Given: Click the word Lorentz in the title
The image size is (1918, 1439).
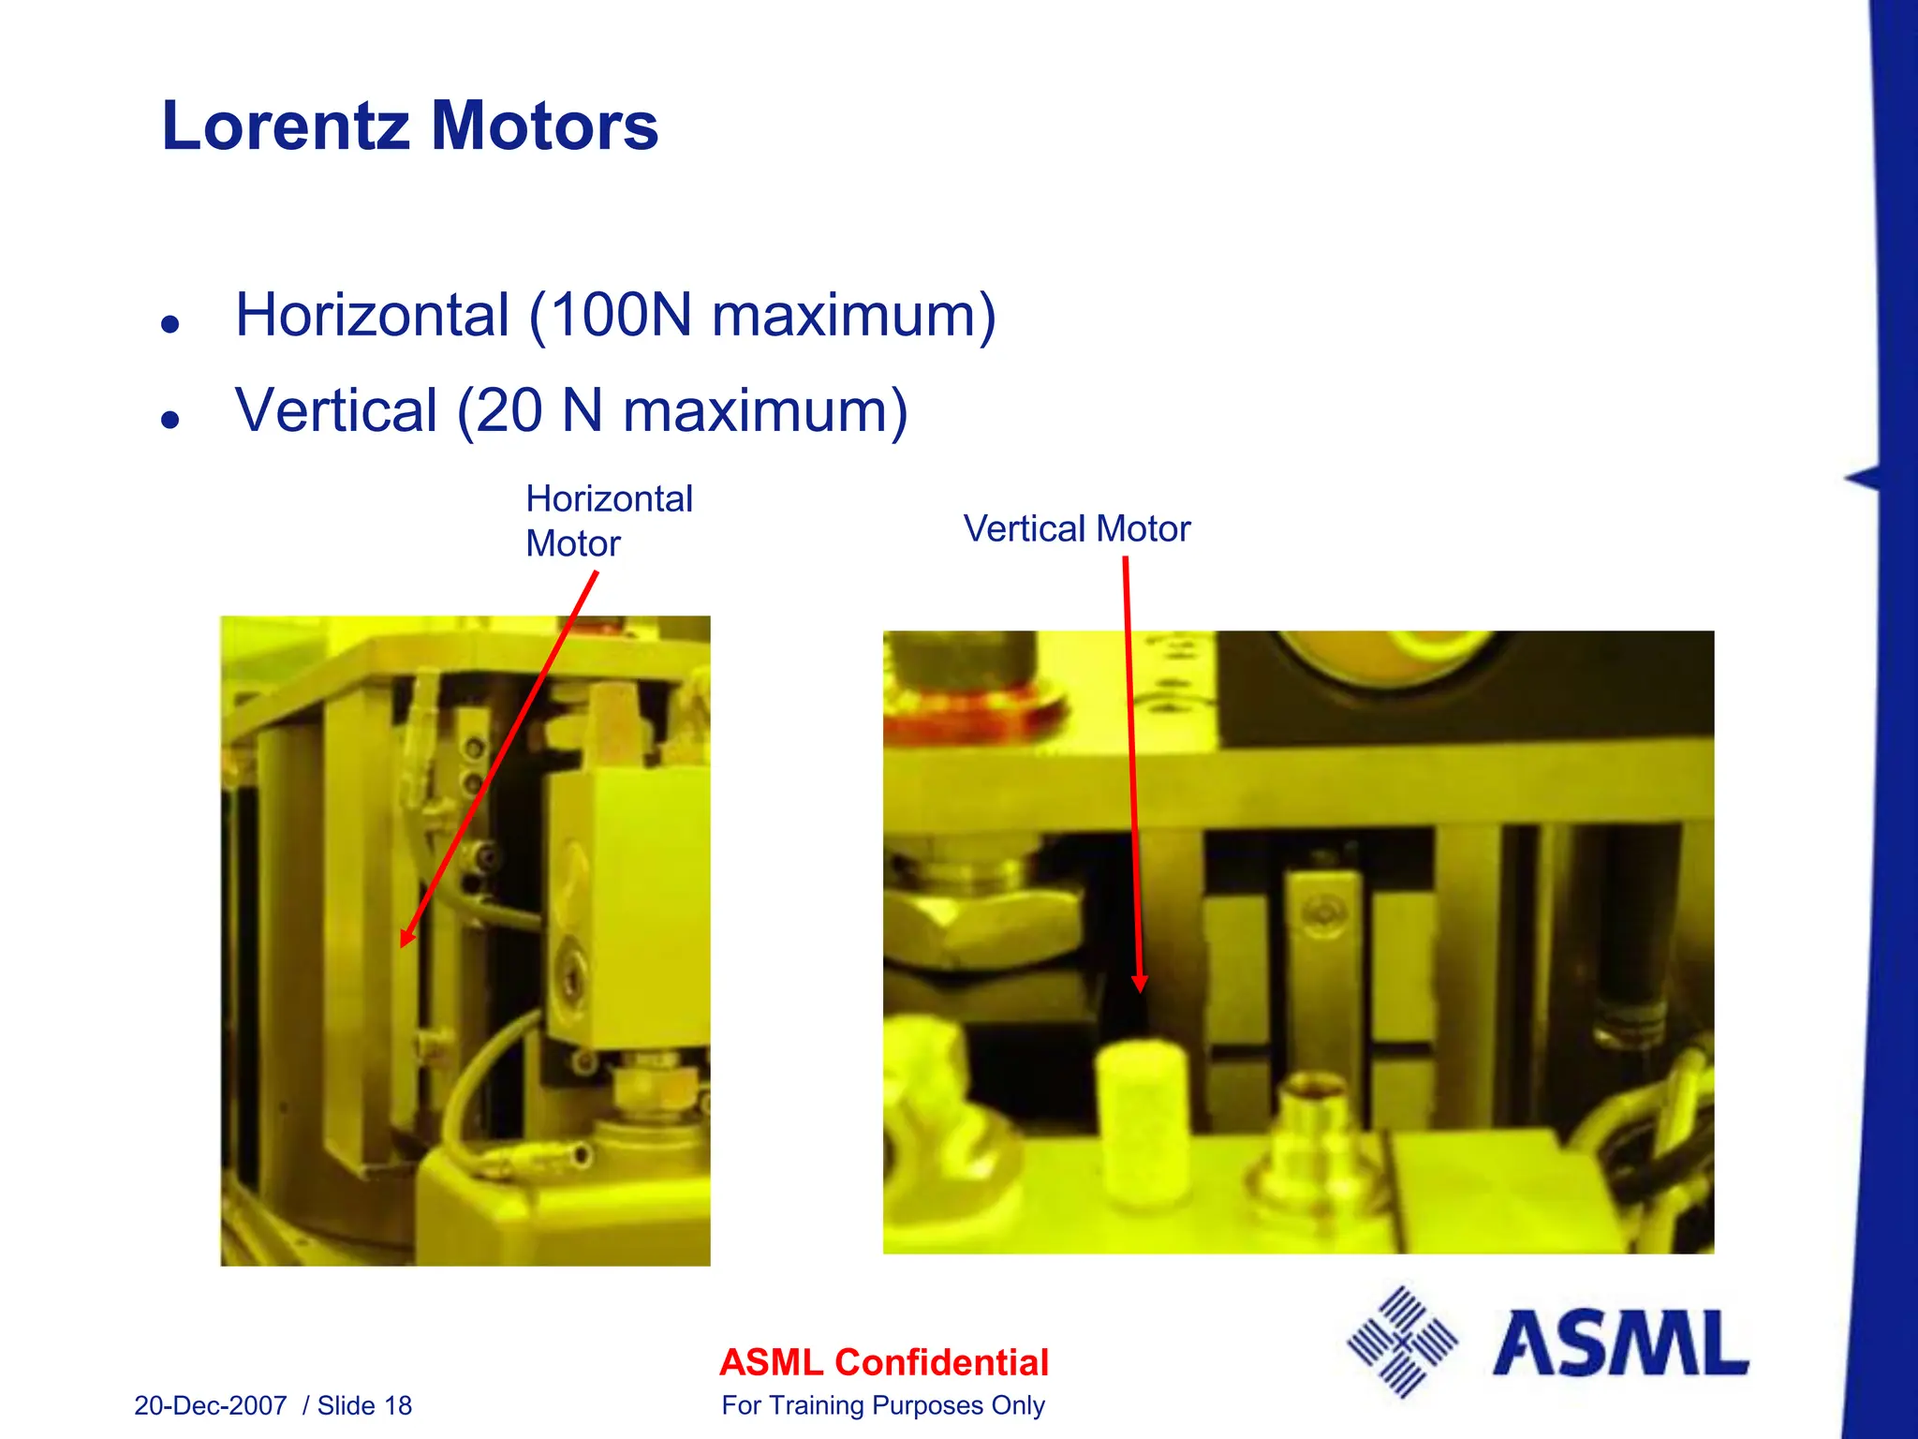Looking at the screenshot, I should tap(286, 126).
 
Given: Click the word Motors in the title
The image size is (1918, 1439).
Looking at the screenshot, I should tap(544, 126).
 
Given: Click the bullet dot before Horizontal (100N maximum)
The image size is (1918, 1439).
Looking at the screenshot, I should tap(170, 324).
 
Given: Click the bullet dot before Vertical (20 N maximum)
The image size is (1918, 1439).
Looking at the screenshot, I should tap(170, 419).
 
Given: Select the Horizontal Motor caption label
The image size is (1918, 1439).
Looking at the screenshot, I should tap(609, 521).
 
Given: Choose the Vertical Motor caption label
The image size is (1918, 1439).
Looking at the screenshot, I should tap(1077, 529).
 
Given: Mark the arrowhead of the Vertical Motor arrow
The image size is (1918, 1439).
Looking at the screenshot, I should tap(1140, 984).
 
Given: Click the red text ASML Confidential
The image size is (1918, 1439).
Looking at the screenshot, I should tap(884, 1362).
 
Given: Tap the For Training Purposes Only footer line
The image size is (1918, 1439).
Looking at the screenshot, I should tap(883, 1405).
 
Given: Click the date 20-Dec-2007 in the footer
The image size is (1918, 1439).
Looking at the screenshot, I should tap(211, 1405).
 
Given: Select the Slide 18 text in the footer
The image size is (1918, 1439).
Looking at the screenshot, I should tap(364, 1405).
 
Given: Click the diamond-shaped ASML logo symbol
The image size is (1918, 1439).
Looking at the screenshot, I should tap(1402, 1343).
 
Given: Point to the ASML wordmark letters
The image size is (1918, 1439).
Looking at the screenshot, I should tap(1620, 1344).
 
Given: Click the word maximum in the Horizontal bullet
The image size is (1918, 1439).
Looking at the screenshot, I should tap(853, 315).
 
